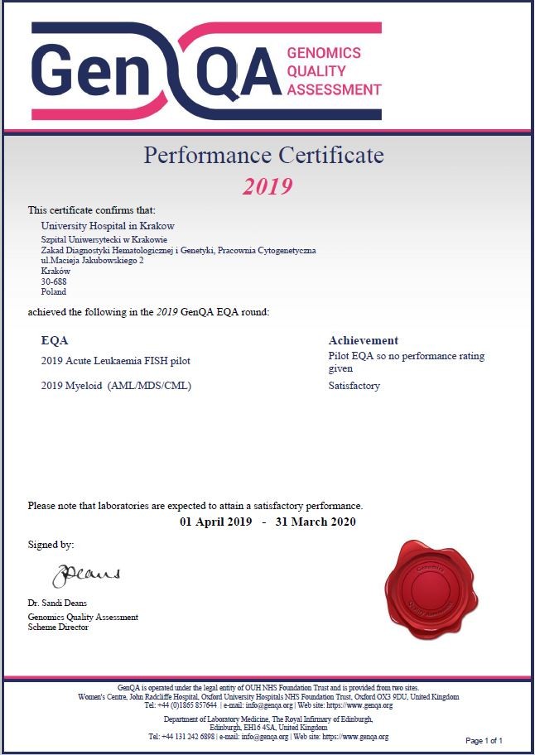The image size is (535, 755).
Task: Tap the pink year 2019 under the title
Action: pyautogui.click(x=267, y=186)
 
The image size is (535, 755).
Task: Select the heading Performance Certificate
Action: pyautogui.click(x=264, y=155)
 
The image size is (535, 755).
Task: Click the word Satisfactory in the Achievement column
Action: pyautogui.click(x=354, y=386)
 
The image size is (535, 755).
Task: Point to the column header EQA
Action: pyautogui.click(x=55, y=340)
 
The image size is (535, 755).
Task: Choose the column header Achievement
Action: pyautogui.click(x=364, y=340)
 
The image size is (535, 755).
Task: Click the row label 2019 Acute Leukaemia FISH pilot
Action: pyautogui.click(x=110, y=361)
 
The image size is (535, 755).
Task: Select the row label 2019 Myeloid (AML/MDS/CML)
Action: pyautogui.click(x=116, y=386)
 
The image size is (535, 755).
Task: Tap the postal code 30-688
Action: pyautogui.click(x=54, y=281)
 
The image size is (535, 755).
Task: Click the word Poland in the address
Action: pyautogui.click(x=54, y=292)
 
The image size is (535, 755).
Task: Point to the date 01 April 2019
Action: pyautogui.click(x=215, y=522)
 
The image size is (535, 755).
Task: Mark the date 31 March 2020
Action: pyautogui.click(x=316, y=522)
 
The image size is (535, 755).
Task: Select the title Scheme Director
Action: pyautogui.click(x=58, y=627)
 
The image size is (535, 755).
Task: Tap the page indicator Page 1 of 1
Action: pyautogui.click(x=484, y=740)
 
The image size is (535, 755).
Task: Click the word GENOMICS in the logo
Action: pyautogui.click(x=324, y=53)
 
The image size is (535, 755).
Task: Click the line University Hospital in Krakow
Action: pyautogui.click(x=108, y=226)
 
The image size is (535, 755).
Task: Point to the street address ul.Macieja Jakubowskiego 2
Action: pyautogui.click(x=93, y=260)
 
